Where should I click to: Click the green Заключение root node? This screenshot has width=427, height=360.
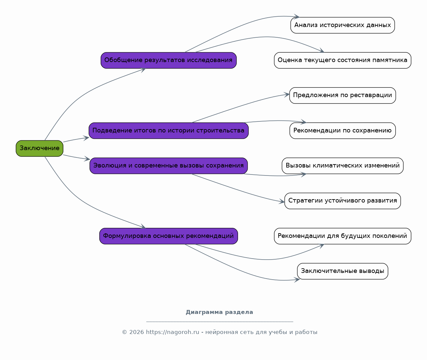pyautogui.click(x=39, y=148)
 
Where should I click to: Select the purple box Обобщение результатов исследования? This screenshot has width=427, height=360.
pyautogui.click(x=169, y=60)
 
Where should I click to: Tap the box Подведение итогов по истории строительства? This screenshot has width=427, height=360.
pyautogui.click(x=169, y=130)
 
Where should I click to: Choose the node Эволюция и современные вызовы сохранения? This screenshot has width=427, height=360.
pyautogui.click(x=169, y=166)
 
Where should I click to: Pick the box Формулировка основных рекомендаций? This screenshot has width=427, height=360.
pyautogui.click(x=169, y=236)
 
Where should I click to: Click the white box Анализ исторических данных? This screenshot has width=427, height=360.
pyautogui.click(x=343, y=25)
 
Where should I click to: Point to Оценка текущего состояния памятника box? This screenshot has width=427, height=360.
pyautogui.click(x=343, y=60)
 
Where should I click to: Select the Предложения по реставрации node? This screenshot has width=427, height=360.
pyautogui.click(x=343, y=95)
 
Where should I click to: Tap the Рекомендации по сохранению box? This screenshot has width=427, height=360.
pyautogui.click(x=343, y=130)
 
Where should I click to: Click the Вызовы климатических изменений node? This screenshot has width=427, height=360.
pyautogui.click(x=343, y=166)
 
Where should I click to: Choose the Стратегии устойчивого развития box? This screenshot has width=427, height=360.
pyautogui.click(x=343, y=201)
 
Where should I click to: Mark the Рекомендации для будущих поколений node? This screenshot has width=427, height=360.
pyautogui.click(x=343, y=236)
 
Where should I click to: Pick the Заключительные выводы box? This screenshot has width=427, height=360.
pyautogui.click(x=343, y=271)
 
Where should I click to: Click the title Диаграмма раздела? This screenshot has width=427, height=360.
pyautogui.click(x=219, y=312)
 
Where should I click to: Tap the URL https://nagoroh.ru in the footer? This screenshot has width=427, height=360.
pyautogui.click(x=172, y=332)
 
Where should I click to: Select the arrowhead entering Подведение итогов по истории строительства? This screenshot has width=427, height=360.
pyautogui.click(x=86, y=138)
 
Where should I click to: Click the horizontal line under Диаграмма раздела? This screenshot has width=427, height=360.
pyautogui.click(x=220, y=322)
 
